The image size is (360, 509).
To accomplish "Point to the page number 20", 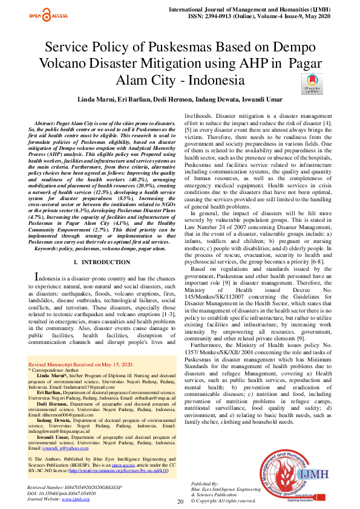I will [180, 502].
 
